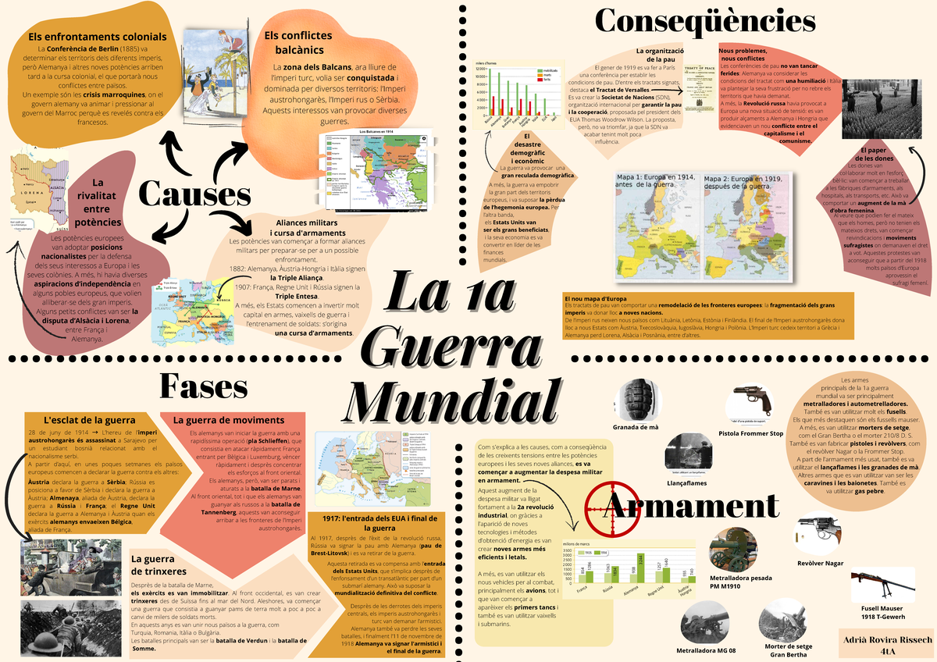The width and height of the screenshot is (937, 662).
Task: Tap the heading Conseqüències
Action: (x=705, y=21)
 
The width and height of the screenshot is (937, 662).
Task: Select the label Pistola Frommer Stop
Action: (x=750, y=433)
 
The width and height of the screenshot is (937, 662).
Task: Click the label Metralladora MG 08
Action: (x=706, y=650)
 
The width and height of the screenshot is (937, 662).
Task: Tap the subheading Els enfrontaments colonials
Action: (x=97, y=36)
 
